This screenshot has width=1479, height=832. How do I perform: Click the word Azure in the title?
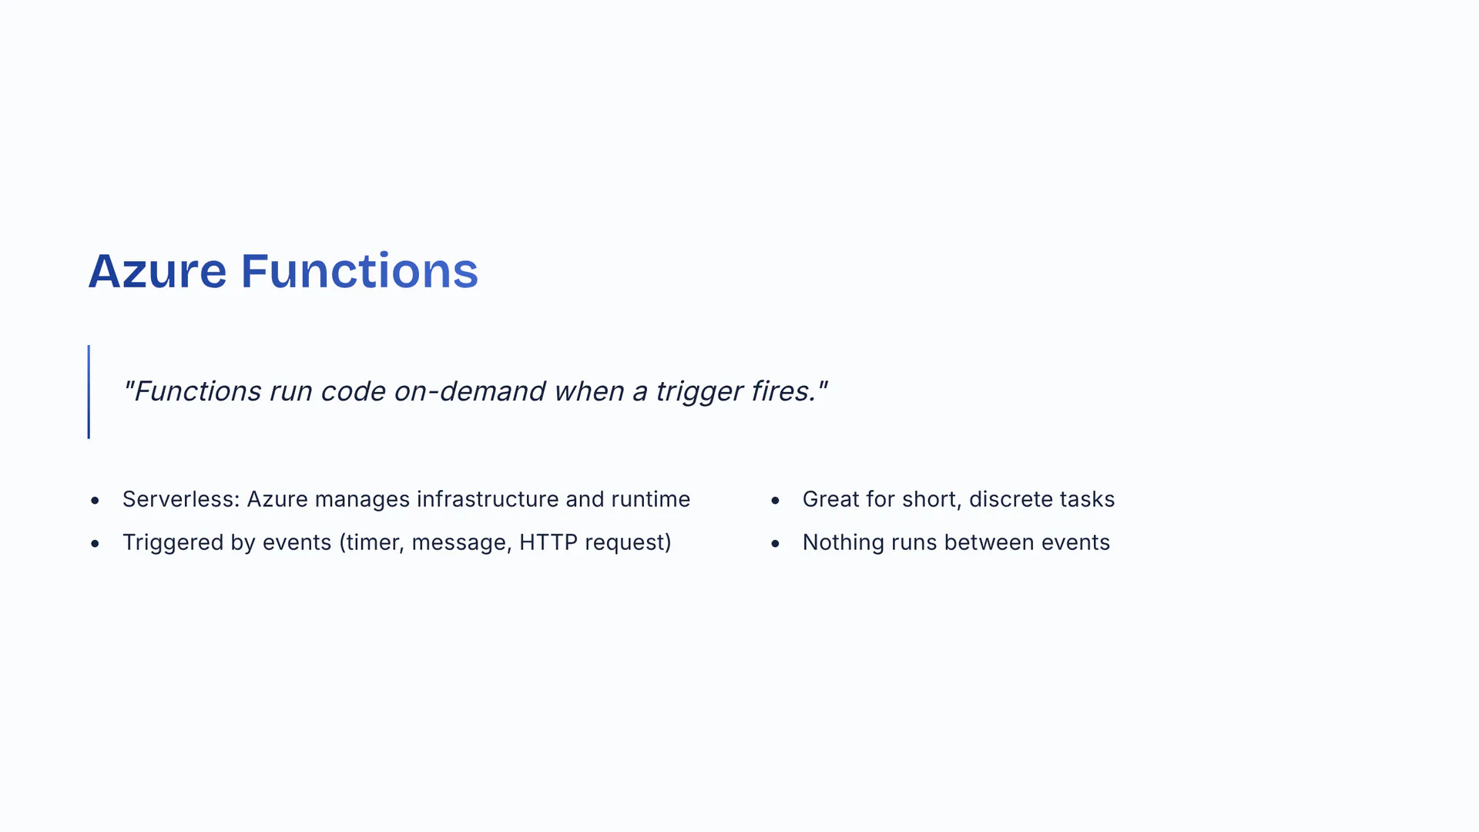tap(157, 271)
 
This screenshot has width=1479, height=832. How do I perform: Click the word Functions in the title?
tap(360, 271)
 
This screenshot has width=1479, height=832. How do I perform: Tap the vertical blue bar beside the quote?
tap(89, 391)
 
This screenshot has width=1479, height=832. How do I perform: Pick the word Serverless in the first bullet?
tap(181, 499)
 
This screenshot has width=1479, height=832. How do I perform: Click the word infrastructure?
tap(488, 499)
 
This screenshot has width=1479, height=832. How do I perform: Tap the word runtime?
tap(651, 499)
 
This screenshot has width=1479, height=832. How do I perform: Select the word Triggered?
tap(173, 542)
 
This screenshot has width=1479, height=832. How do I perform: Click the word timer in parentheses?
tap(373, 543)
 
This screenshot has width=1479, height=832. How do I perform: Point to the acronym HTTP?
tap(548, 542)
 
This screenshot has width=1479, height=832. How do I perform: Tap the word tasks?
tap(1087, 499)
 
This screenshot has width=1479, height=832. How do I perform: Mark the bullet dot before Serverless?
tap(95, 501)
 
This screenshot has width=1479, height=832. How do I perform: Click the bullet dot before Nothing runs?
tap(775, 544)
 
